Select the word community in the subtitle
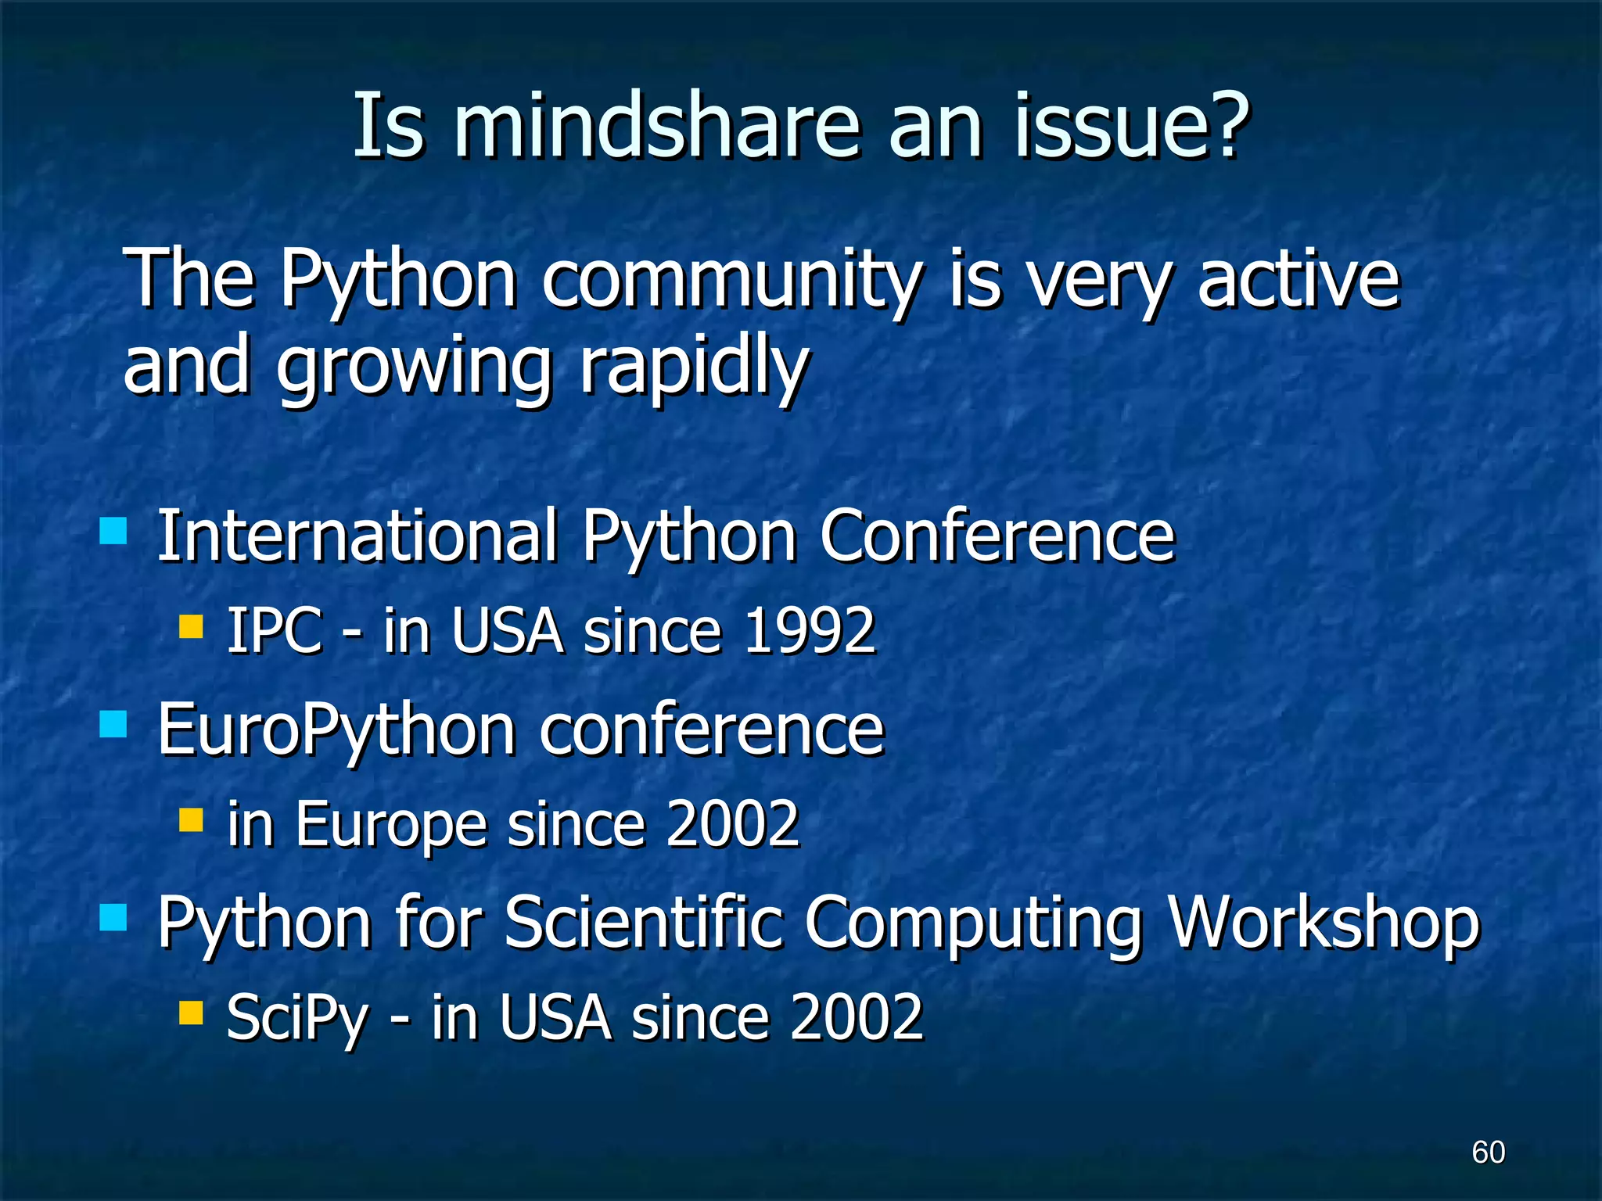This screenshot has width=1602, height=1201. click(x=732, y=280)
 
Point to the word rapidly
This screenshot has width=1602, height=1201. click(x=693, y=366)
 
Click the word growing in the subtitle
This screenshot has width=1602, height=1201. click(x=415, y=366)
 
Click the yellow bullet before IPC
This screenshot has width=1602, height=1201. click(x=191, y=626)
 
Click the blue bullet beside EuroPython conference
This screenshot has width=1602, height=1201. click(x=114, y=724)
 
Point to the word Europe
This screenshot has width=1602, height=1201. click(x=391, y=825)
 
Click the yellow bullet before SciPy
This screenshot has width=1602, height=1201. click(x=191, y=1013)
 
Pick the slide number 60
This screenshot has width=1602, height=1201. click(x=1488, y=1153)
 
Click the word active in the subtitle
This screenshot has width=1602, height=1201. click(x=1298, y=280)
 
